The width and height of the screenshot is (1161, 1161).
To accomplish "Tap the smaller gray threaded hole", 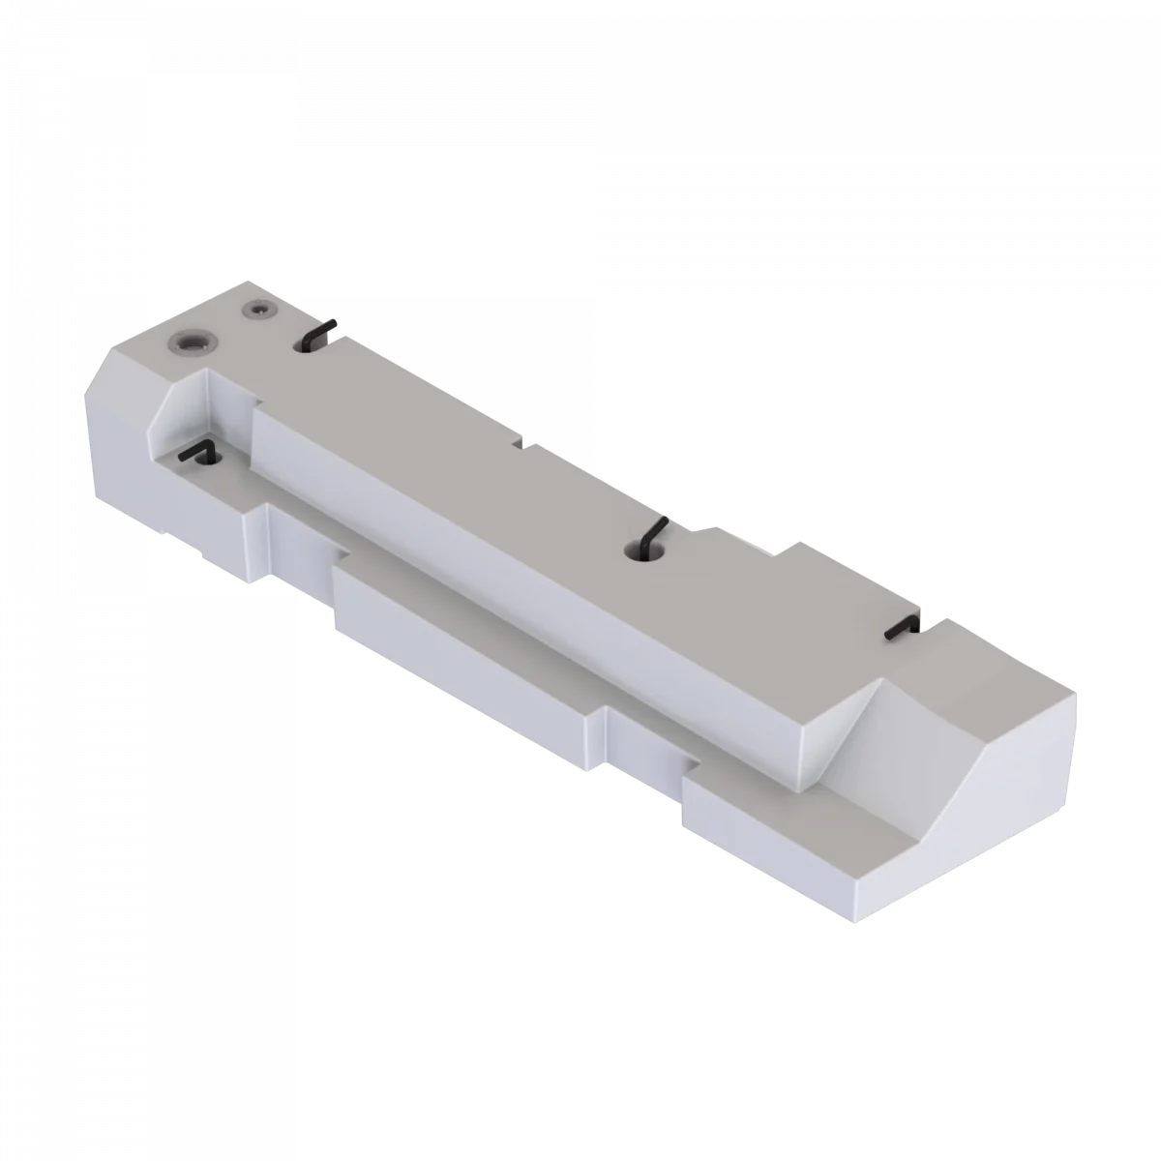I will coord(258,311).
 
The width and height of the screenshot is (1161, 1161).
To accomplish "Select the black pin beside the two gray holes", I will coord(318,334).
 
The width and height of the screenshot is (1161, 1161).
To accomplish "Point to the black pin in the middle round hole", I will coord(650,535).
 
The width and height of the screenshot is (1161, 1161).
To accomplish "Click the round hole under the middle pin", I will coord(641,551).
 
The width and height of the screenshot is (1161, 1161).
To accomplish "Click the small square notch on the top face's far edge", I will coord(519,443).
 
